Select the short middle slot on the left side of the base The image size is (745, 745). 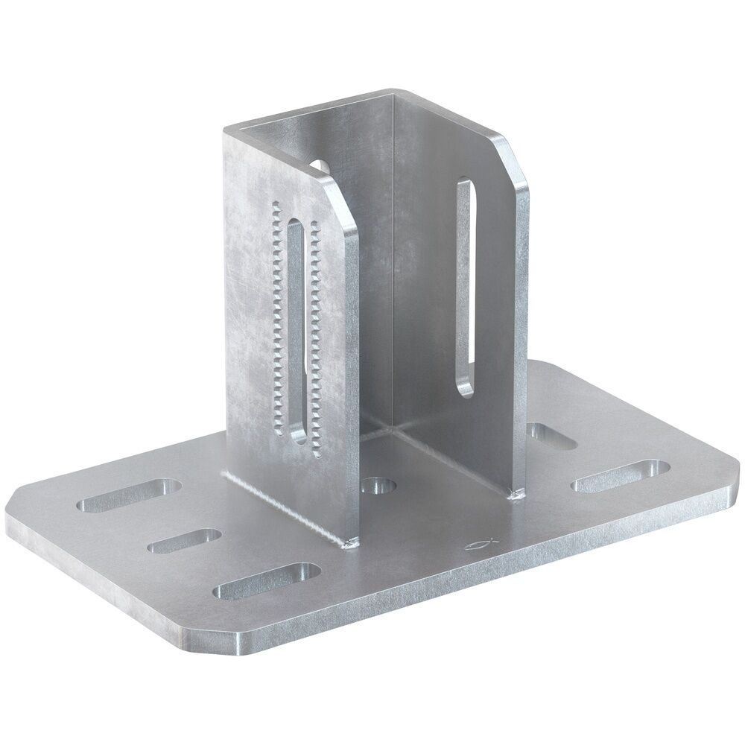[185, 541]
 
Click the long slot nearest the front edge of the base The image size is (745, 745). [267, 580]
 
